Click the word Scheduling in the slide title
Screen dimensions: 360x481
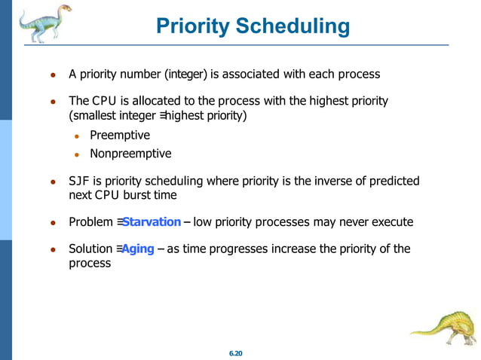[x=293, y=27]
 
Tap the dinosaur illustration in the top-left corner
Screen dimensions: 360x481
[x=44, y=23]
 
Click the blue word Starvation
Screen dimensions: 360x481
[x=152, y=222]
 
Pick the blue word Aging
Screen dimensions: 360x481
[x=138, y=249]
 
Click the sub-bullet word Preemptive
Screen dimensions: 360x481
[x=119, y=136]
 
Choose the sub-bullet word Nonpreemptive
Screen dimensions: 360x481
[x=130, y=154]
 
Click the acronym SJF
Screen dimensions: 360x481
[x=79, y=182]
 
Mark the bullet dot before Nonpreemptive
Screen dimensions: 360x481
[x=77, y=154]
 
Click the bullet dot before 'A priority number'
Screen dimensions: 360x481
[x=53, y=75]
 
